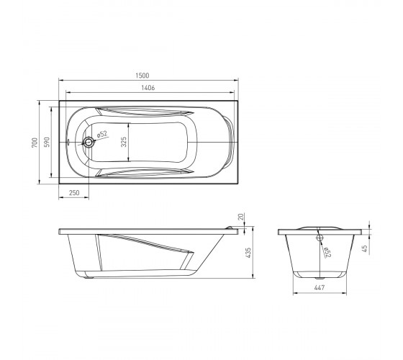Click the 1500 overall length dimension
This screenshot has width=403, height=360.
coord(142,76)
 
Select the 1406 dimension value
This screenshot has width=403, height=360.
coord(148,88)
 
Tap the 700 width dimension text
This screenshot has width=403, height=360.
coord(35,143)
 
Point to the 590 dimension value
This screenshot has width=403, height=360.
coord(47,143)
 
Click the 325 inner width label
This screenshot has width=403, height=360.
coord(124,142)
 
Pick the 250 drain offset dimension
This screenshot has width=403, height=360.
coord(74,193)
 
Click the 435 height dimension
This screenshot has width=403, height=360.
coord(248,253)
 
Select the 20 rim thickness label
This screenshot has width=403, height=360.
coord(241,217)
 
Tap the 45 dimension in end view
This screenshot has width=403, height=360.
coord(364,248)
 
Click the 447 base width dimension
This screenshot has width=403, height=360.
coord(320,287)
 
